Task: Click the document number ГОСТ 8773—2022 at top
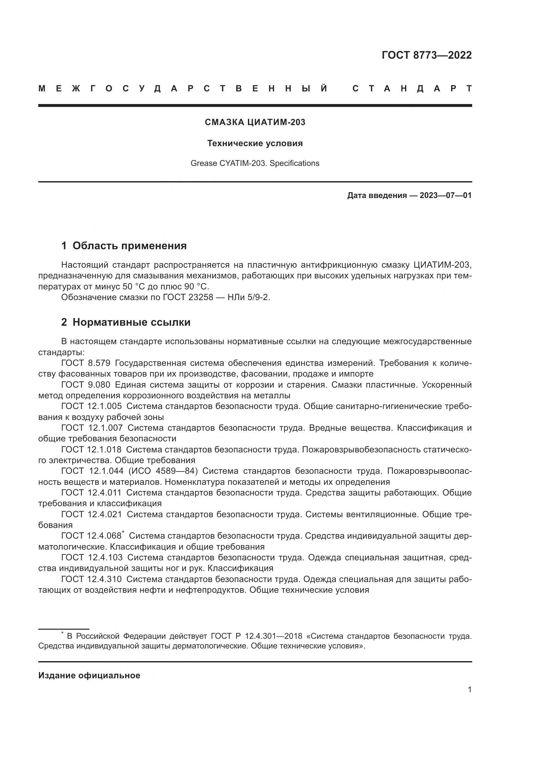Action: tap(426, 55)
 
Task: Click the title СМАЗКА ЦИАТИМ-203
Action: tap(255, 122)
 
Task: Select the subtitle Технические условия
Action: tap(255, 143)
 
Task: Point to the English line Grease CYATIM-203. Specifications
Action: tap(255, 163)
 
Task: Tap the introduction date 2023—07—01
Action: tap(445, 195)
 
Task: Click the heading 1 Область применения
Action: tap(124, 246)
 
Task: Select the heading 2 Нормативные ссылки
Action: tap(126, 322)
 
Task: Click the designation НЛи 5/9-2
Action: tap(249, 297)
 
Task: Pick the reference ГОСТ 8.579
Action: tap(86, 363)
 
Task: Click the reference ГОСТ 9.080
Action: tap(86, 385)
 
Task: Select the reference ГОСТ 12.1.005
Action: tap(91, 406)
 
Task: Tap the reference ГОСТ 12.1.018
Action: tap(91, 450)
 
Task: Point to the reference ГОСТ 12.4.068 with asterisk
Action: tap(92, 536)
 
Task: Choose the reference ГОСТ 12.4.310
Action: tap(91, 579)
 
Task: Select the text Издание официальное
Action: tap(89, 675)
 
